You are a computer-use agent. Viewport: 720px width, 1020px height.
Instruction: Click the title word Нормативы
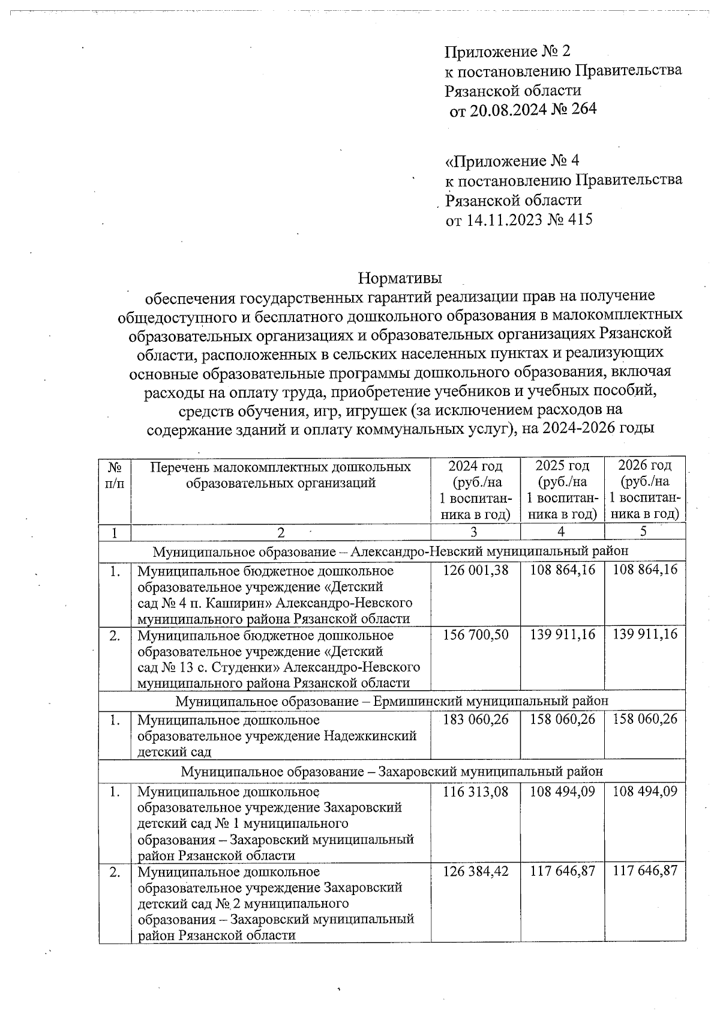click(x=400, y=278)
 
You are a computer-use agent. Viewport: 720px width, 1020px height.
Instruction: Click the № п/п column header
click(x=115, y=475)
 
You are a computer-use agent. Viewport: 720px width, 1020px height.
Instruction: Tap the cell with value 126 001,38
click(x=475, y=570)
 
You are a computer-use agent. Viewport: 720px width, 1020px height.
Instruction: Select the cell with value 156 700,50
click(x=475, y=635)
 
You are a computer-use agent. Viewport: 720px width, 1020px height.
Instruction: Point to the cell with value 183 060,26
click(x=475, y=719)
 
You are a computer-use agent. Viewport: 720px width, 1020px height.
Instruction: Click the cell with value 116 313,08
click(x=475, y=792)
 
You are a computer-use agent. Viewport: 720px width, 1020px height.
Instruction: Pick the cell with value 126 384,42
click(x=475, y=871)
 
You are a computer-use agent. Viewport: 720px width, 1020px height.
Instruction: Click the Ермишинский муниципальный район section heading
click(x=392, y=701)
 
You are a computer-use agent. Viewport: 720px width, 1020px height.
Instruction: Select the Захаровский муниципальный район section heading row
click(x=392, y=771)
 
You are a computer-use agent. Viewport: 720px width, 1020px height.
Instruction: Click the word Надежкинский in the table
click(x=370, y=736)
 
